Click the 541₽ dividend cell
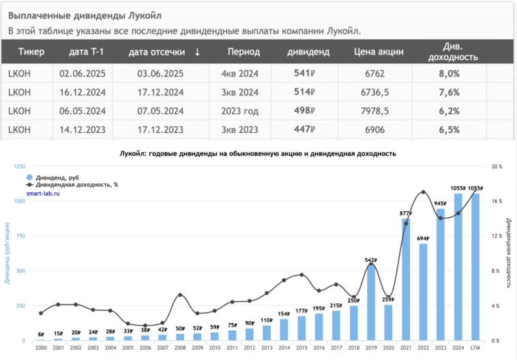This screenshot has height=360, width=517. click(x=302, y=74)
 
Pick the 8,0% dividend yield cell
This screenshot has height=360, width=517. click(x=449, y=74)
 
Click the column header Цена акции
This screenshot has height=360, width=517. click(x=379, y=52)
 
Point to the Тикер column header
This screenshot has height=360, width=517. click(x=31, y=52)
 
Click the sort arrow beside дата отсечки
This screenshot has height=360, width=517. click(x=197, y=52)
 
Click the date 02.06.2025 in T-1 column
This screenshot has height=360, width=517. click(x=83, y=74)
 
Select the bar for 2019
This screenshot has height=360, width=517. click(x=372, y=303)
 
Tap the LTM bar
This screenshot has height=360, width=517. click(x=475, y=267)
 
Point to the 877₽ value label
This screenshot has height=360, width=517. click(x=406, y=213)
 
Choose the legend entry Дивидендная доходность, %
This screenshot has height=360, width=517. click(x=72, y=185)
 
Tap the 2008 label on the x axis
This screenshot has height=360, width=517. click(x=180, y=348)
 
